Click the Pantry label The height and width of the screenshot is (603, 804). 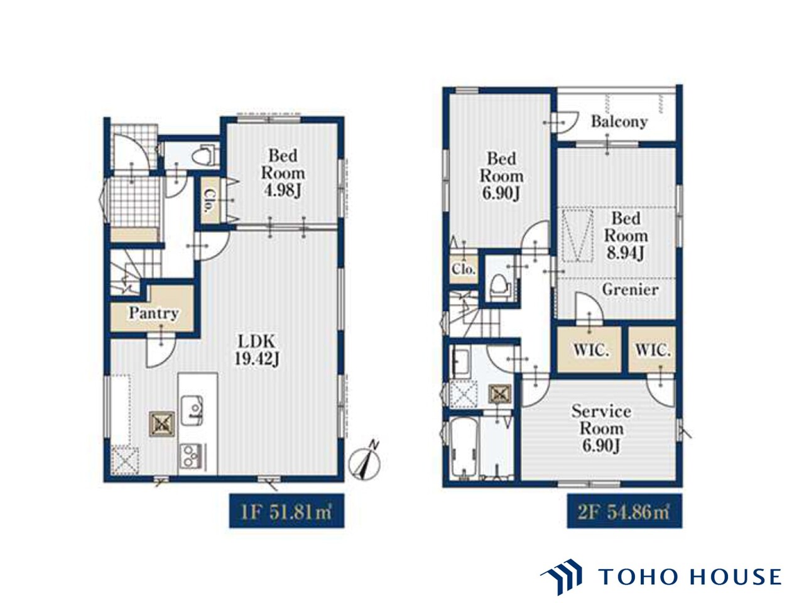[153, 313]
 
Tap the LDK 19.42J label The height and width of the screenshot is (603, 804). [256, 350]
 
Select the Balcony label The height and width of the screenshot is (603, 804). [619, 122]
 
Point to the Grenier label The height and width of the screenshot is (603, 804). [631, 290]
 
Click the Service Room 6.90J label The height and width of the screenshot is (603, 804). [601, 428]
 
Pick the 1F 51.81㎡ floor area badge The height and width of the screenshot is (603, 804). [286, 511]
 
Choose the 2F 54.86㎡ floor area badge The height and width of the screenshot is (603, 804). [624, 511]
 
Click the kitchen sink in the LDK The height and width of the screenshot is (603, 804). [192, 410]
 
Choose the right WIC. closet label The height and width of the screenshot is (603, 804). [653, 350]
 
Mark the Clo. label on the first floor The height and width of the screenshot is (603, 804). [209, 201]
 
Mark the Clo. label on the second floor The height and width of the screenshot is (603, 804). [464, 269]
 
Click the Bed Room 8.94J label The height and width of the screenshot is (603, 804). [626, 236]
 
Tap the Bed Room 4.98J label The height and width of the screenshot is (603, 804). [283, 173]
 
